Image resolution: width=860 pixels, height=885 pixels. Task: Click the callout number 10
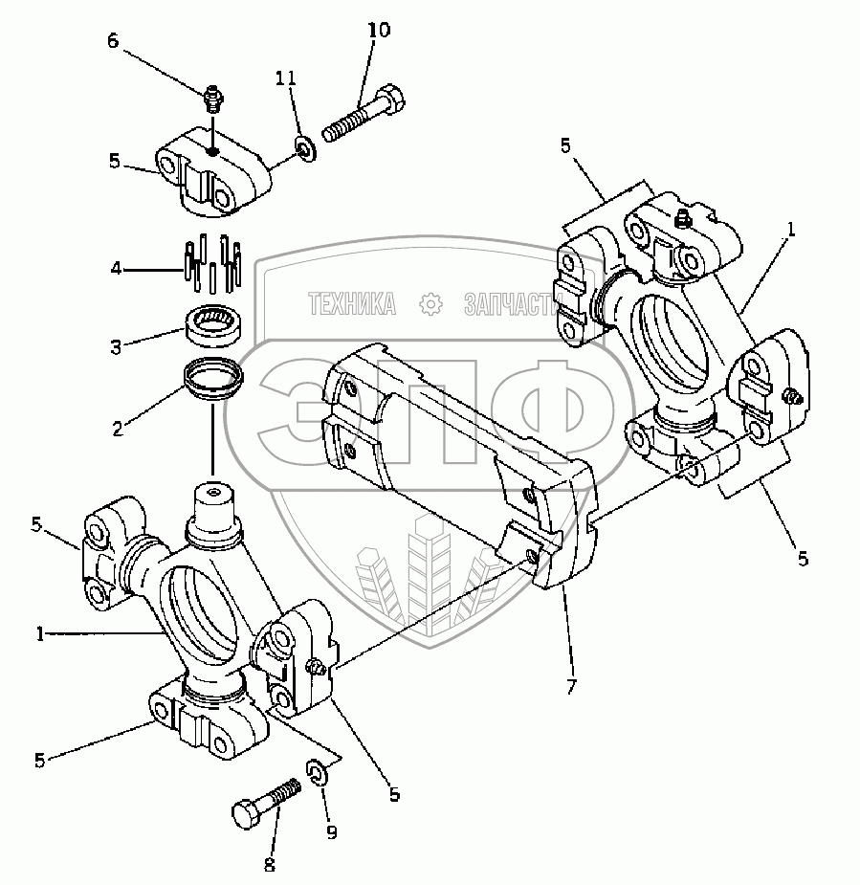pyautogui.click(x=379, y=30)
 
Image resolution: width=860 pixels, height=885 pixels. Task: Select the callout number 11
pyautogui.click(x=285, y=77)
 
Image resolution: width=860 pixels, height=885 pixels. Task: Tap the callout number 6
pyautogui.click(x=113, y=40)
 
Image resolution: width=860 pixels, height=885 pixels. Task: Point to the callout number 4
pyautogui.click(x=116, y=269)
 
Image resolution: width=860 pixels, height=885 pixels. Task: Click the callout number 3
pyautogui.click(x=116, y=346)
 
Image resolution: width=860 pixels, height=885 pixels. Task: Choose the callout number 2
pyautogui.click(x=118, y=429)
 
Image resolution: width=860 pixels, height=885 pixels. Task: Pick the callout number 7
pyautogui.click(x=572, y=686)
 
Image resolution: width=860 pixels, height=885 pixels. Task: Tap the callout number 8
pyautogui.click(x=269, y=864)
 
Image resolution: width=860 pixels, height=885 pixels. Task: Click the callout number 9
pyautogui.click(x=332, y=832)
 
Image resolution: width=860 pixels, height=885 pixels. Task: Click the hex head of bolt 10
pyautogui.click(x=390, y=99)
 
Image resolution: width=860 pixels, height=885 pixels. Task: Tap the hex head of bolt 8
pyautogui.click(x=246, y=813)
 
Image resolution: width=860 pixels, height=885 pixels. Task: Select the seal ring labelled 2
pyautogui.click(x=212, y=379)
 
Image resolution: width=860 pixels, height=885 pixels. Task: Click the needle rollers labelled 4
pyautogui.click(x=212, y=262)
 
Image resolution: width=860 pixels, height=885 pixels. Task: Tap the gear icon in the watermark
pyautogui.click(x=430, y=304)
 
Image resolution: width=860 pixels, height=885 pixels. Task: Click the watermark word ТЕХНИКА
pyautogui.click(x=352, y=304)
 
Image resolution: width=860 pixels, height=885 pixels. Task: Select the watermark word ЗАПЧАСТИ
pyautogui.click(x=511, y=304)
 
